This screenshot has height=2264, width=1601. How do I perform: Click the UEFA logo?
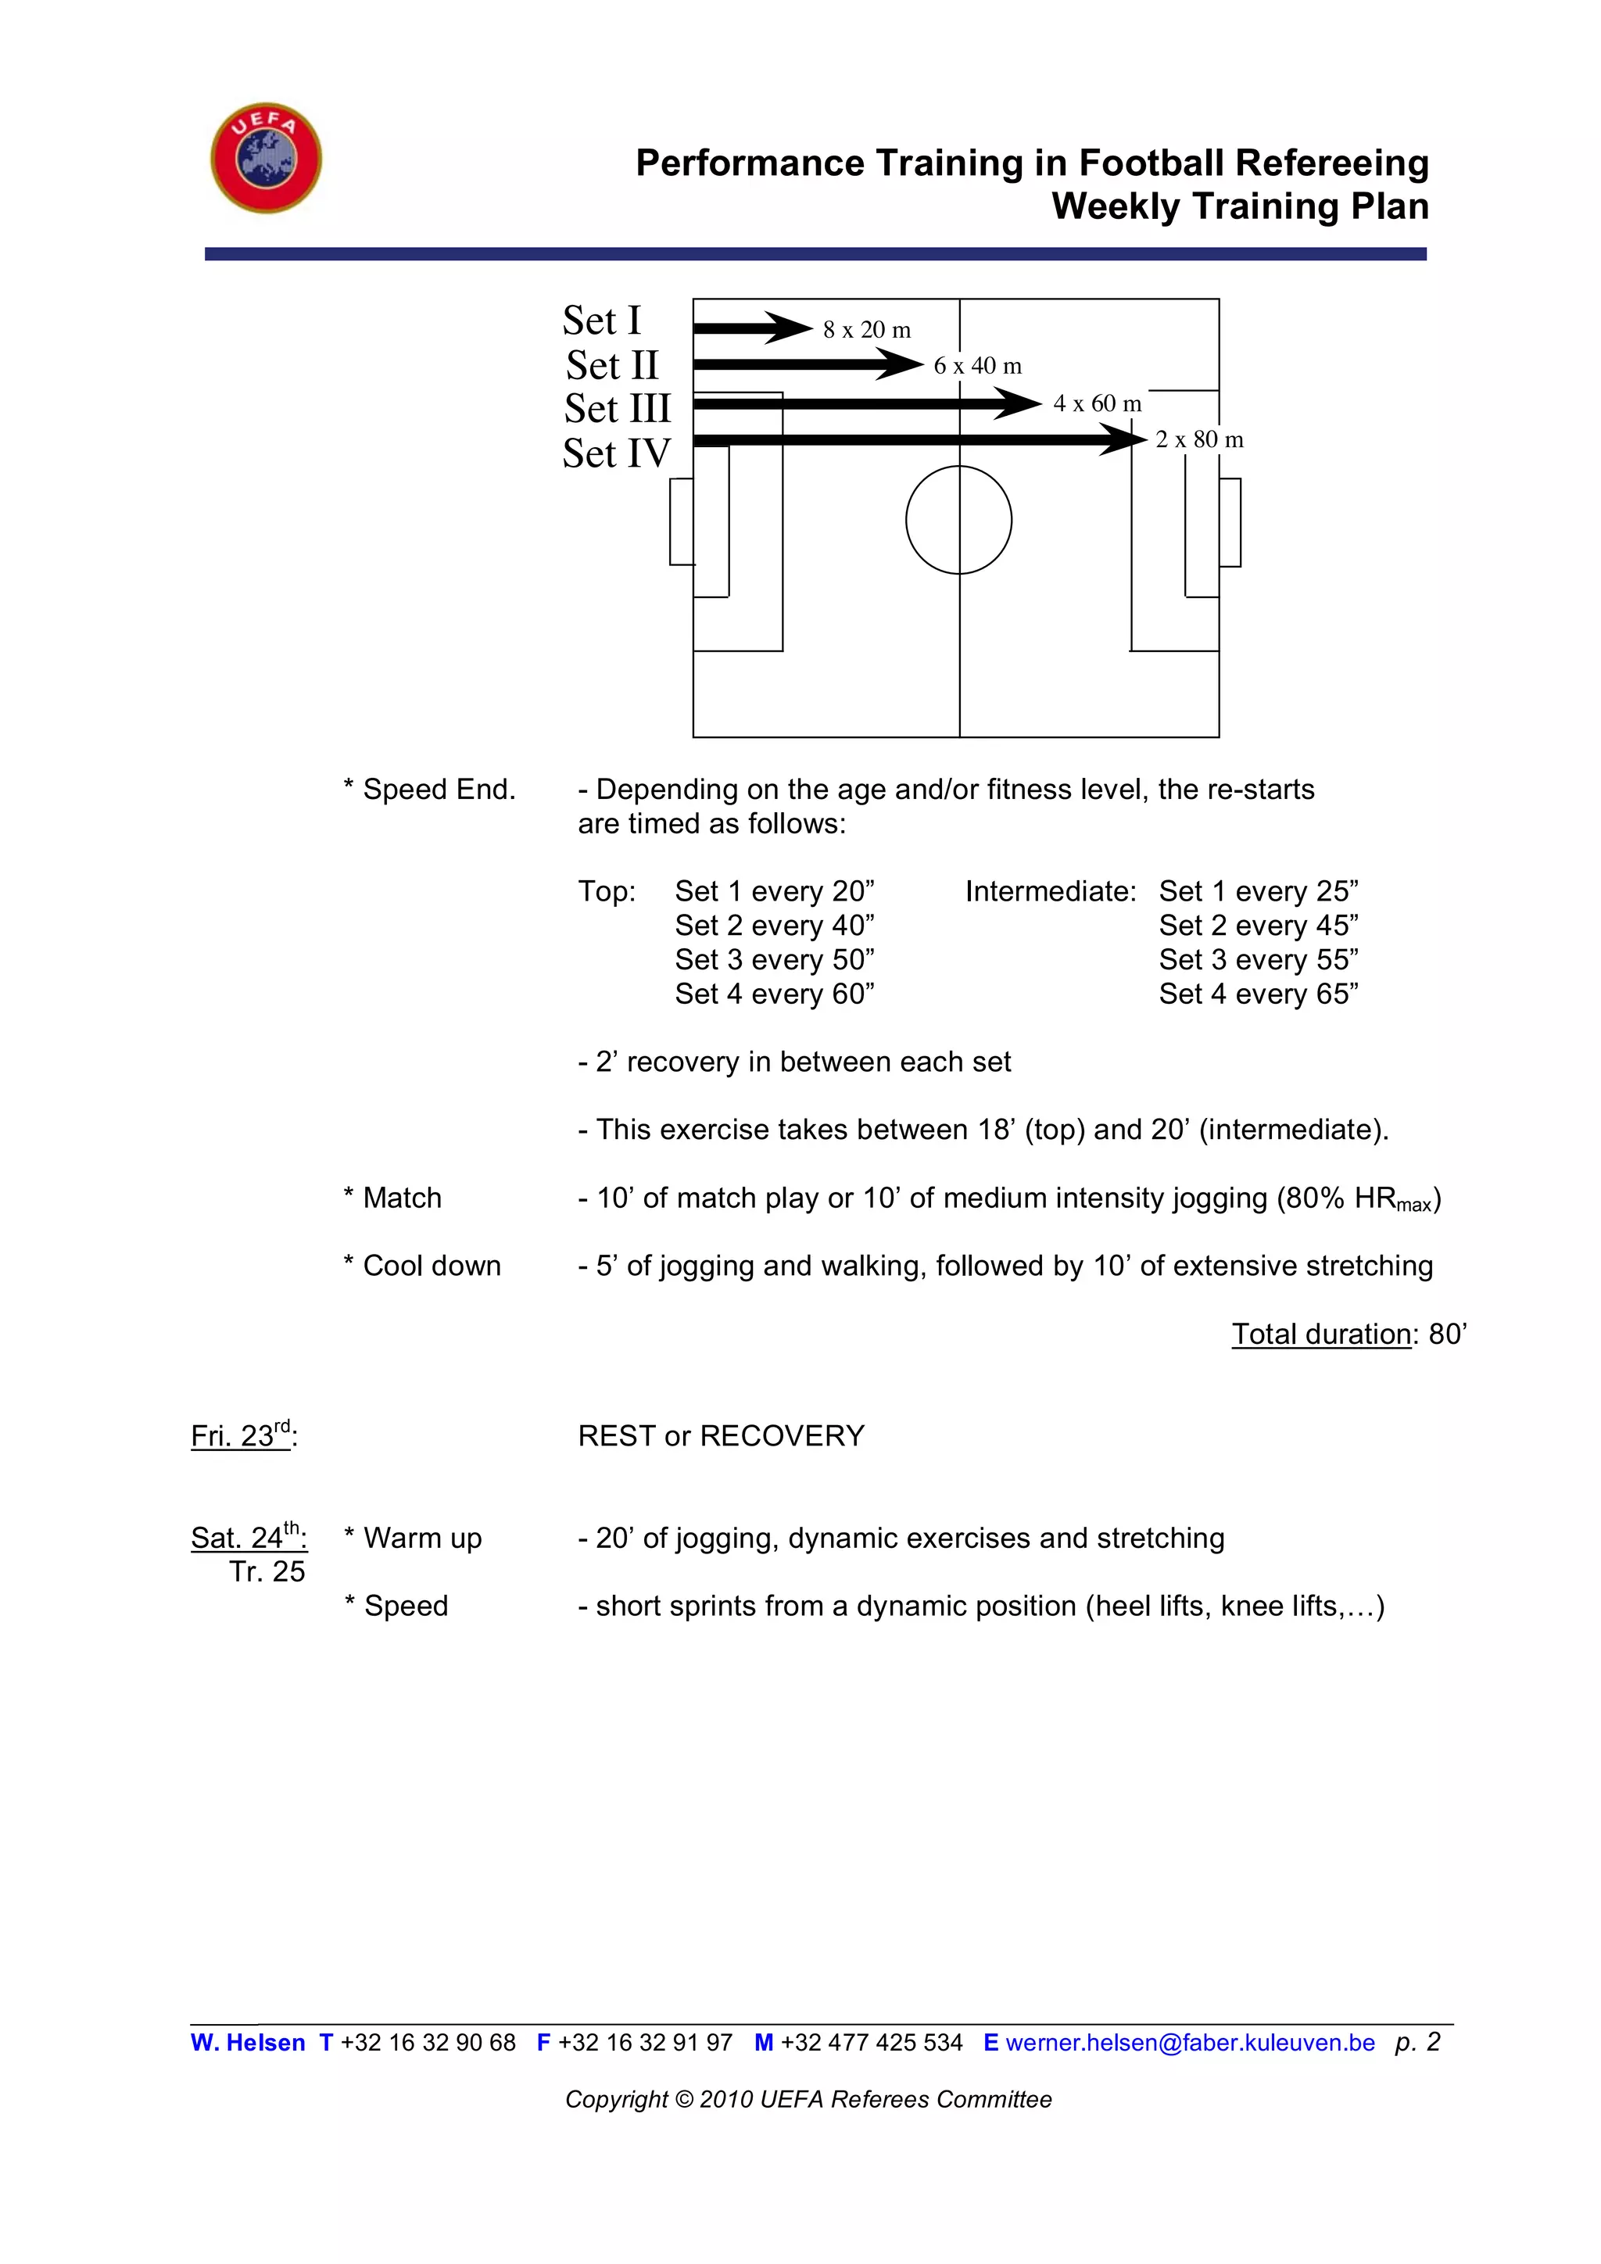pyautogui.click(x=266, y=158)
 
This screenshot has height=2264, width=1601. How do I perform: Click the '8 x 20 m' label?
pyautogui.click(x=866, y=331)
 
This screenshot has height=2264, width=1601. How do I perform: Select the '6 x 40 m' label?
pyautogui.click(x=977, y=366)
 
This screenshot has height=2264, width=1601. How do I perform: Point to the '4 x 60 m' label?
pyautogui.click(x=1096, y=403)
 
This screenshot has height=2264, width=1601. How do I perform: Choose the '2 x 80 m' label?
pyautogui.click(x=1198, y=440)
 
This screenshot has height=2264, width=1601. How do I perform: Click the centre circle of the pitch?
pyautogui.click(x=958, y=520)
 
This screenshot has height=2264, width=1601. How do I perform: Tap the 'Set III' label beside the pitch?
pyautogui.click(x=617, y=408)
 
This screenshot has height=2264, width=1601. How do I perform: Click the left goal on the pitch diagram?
pyautogui.click(x=681, y=521)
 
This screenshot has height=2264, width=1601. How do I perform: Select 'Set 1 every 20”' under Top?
pyautogui.click(x=774, y=891)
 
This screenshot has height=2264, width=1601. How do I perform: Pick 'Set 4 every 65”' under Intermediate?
pyautogui.click(x=1258, y=994)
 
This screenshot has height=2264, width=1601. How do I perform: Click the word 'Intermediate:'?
pyautogui.click(x=1050, y=891)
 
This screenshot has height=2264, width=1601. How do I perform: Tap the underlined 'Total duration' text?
pyautogui.click(x=1321, y=1334)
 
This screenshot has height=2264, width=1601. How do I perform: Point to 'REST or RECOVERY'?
pyautogui.click(x=721, y=1435)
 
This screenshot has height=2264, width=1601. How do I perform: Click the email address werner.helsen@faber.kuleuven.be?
pyautogui.click(x=1189, y=2042)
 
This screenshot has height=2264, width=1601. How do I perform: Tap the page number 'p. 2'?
pyautogui.click(x=1417, y=2042)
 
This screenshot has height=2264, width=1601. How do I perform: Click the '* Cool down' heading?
pyautogui.click(x=422, y=1266)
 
